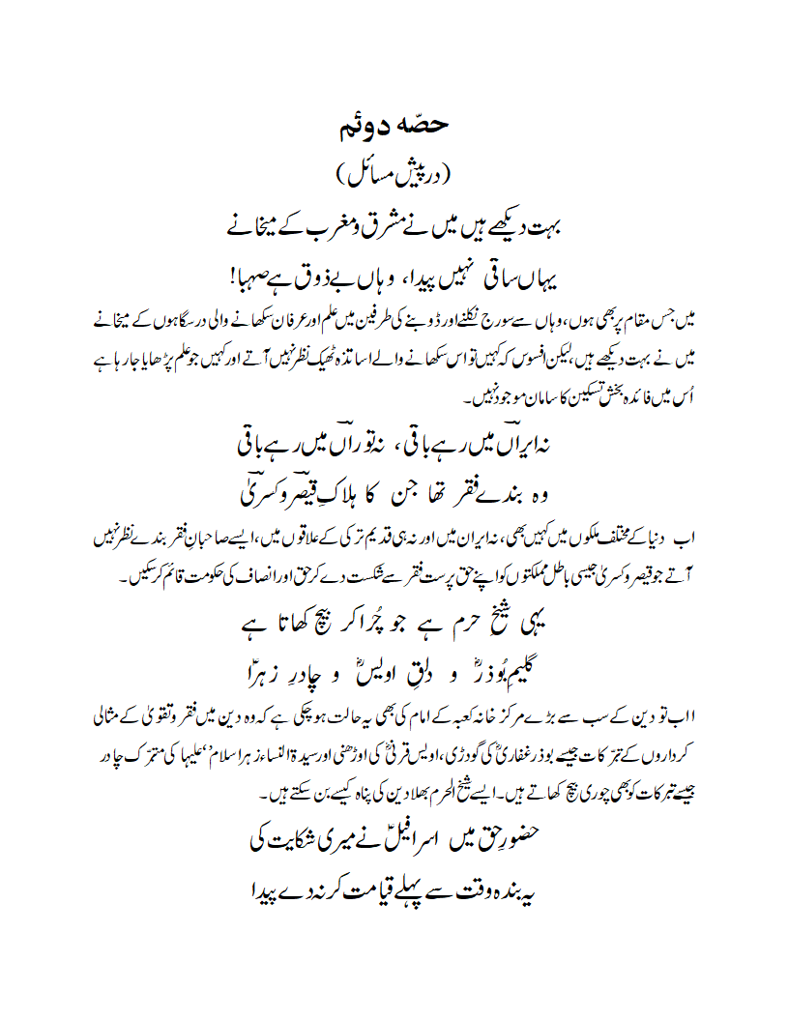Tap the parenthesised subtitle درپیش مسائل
(394, 175)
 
